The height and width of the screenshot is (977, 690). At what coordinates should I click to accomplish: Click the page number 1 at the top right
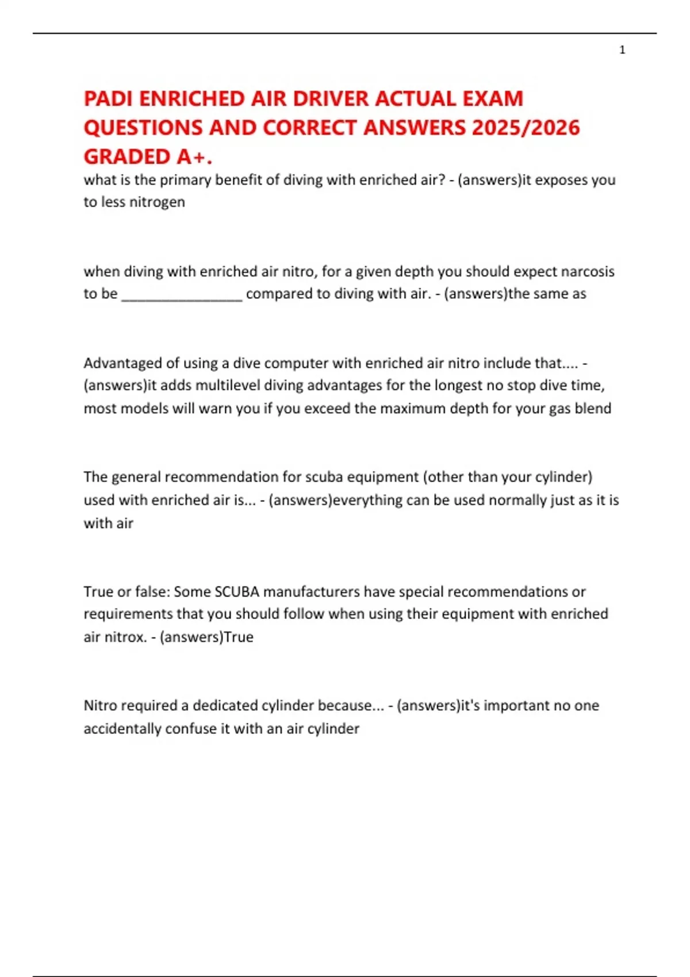click(x=622, y=50)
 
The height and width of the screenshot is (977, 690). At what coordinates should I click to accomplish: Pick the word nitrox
click(x=124, y=637)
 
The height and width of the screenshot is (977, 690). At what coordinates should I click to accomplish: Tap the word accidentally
click(x=122, y=729)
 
